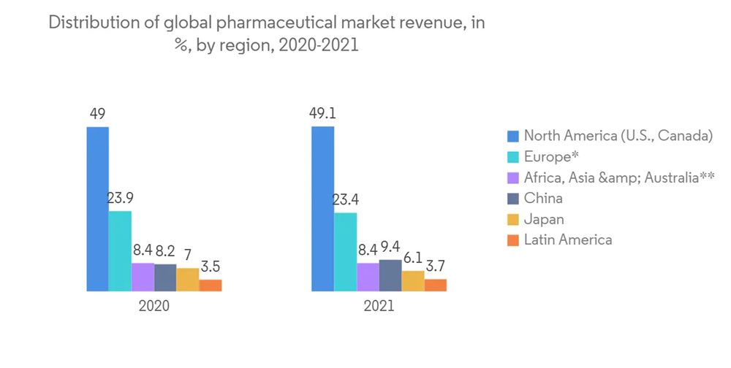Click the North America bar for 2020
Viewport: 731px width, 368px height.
tap(97, 209)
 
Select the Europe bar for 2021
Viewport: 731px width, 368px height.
tap(345, 252)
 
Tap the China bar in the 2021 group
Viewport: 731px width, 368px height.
tap(390, 275)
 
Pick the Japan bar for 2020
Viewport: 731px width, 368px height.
tap(187, 280)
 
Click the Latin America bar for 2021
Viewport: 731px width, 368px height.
tap(435, 285)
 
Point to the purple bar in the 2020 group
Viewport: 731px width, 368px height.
tap(143, 277)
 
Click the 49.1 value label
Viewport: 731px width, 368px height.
tap(322, 114)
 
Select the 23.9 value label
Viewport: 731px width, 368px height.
tap(120, 198)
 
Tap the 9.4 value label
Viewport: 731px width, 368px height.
tap(390, 247)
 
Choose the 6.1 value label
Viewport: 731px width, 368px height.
tap(413, 258)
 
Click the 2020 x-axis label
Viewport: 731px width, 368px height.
tap(154, 306)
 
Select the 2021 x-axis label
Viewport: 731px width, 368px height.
tap(379, 306)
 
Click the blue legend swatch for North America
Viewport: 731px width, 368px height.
tap(513, 136)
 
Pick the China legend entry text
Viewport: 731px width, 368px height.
tap(543, 198)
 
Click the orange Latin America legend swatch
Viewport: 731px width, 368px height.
tap(513, 239)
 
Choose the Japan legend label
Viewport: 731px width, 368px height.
tap(544, 219)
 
